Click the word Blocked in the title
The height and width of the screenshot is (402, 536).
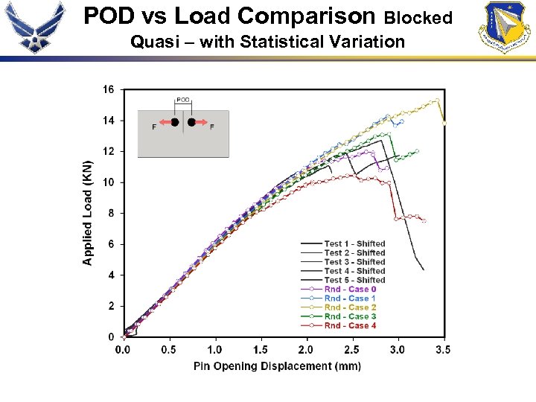click(x=418, y=17)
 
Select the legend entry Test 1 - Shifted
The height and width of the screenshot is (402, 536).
click(x=354, y=244)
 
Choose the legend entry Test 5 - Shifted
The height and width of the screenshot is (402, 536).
click(x=354, y=281)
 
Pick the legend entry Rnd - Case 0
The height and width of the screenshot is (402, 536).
click(x=350, y=290)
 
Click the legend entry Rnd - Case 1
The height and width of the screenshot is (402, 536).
click(x=350, y=299)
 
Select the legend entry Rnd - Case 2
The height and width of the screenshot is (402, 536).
click(x=350, y=307)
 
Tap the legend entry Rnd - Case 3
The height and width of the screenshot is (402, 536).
click(x=350, y=316)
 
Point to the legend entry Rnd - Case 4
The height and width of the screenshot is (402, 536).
click(x=350, y=325)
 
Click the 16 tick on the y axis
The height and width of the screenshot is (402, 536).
click(x=109, y=90)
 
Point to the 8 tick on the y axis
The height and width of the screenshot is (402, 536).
click(x=111, y=214)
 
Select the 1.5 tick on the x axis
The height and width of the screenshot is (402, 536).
click(x=261, y=349)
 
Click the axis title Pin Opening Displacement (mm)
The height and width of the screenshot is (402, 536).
click(x=277, y=366)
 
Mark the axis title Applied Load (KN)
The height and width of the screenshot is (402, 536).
click(x=88, y=213)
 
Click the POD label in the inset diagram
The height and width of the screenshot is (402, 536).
click(x=183, y=100)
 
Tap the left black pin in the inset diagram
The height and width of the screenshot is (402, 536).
click(x=174, y=122)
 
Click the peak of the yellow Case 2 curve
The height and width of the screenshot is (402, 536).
click(x=437, y=99)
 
